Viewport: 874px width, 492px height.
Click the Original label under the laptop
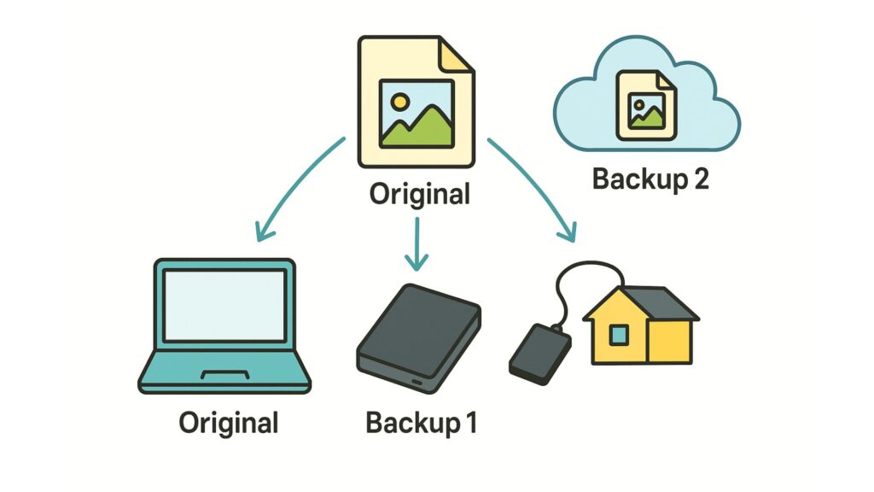[x=229, y=422]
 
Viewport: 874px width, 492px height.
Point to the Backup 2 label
[x=650, y=179]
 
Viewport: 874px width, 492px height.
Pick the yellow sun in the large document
[x=399, y=102]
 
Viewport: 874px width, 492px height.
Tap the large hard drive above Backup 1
[x=417, y=337]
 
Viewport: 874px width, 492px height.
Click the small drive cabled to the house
[x=537, y=351]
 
